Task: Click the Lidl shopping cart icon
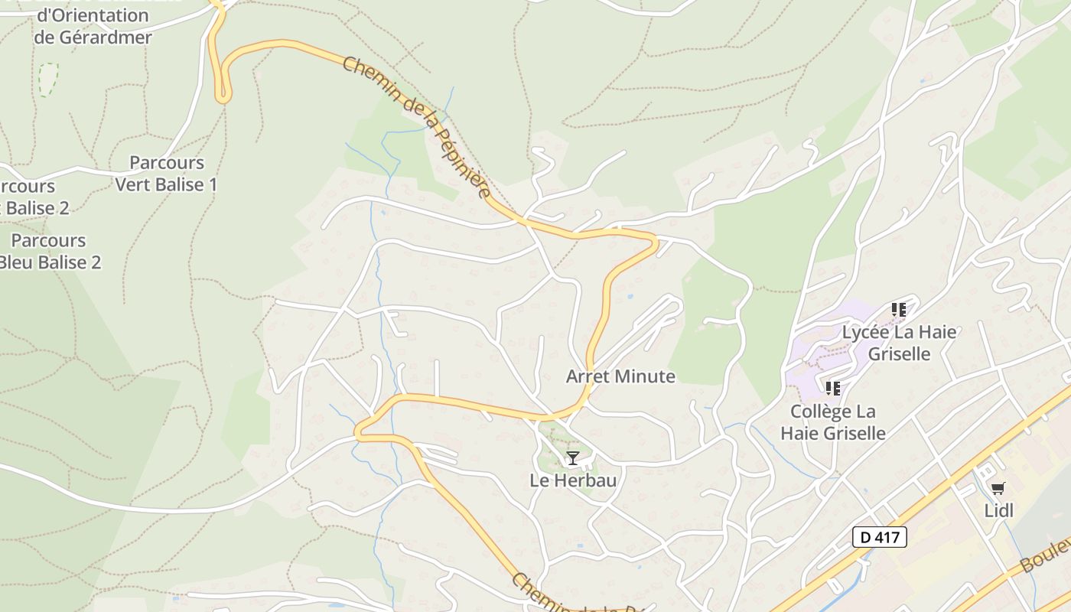[x=998, y=488]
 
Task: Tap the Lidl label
[x=999, y=510]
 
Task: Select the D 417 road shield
[x=879, y=537]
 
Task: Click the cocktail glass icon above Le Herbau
[x=572, y=458]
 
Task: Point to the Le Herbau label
[x=573, y=480]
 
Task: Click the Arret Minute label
[x=620, y=376]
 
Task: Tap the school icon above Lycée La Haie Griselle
[x=899, y=310]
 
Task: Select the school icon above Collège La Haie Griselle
[x=833, y=389]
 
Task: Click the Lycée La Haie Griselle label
[x=899, y=343]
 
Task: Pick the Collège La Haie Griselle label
[x=833, y=422]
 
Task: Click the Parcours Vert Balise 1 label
[x=166, y=174]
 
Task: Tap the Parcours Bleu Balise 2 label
[x=48, y=252]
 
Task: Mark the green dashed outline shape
[x=47, y=80]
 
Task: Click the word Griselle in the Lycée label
[x=899, y=354]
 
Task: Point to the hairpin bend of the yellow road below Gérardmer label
[x=223, y=96]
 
